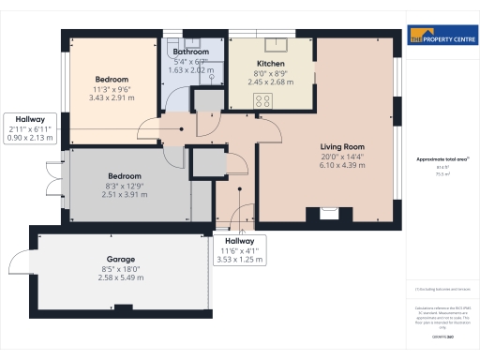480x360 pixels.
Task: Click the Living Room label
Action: coord(341,146)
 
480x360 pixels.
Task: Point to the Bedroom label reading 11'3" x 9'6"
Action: coord(112,80)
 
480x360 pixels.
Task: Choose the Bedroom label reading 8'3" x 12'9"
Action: coord(124,176)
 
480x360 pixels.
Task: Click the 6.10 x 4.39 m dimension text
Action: coord(341,166)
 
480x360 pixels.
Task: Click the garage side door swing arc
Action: coord(22,262)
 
